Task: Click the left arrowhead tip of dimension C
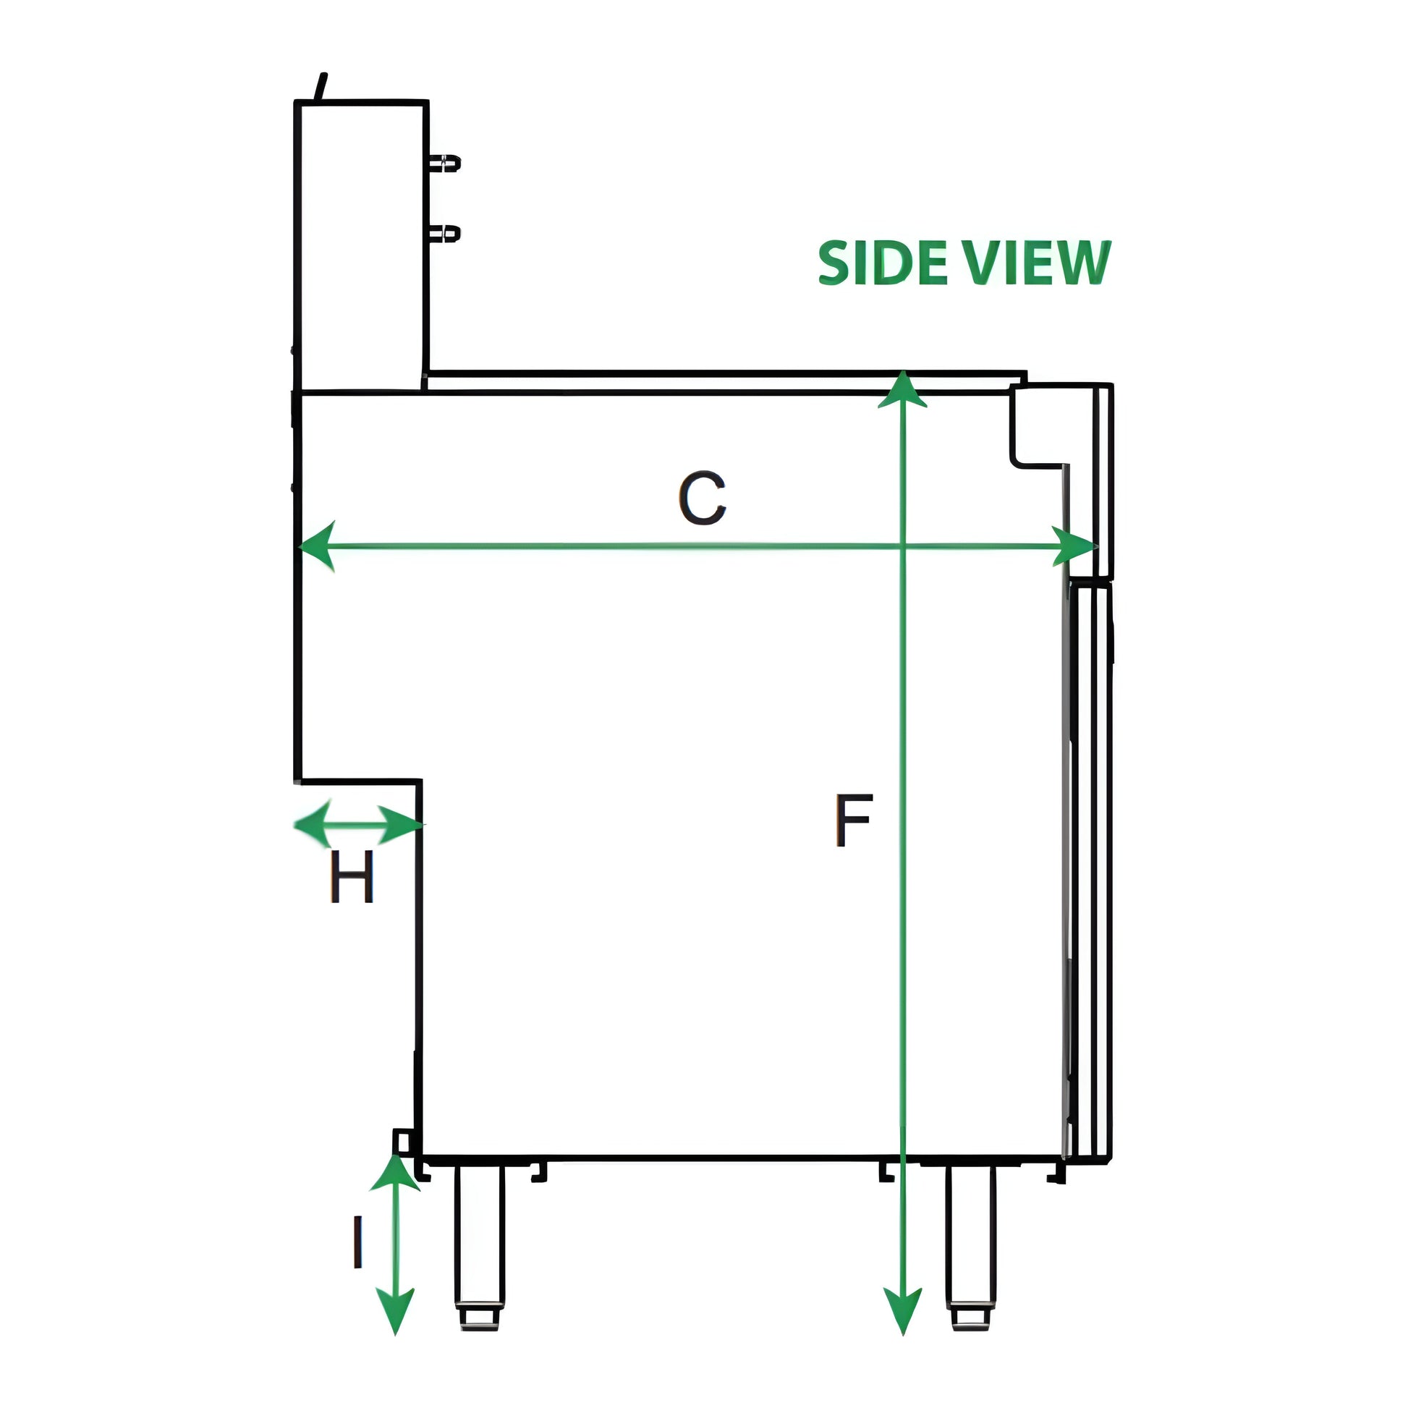tap(300, 546)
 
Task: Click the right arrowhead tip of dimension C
tap(1095, 546)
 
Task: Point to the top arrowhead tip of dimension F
tap(903, 371)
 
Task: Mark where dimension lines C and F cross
tap(903, 546)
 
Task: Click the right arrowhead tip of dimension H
tap(425, 825)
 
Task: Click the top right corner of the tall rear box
tap(427, 102)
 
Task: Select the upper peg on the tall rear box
tap(444, 164)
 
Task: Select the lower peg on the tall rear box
tap(444, 234)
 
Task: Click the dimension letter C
tap(703, 499)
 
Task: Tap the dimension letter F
tap(853, 820)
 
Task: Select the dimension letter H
tap(352, 876)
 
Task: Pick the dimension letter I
tap(358, 1242)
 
